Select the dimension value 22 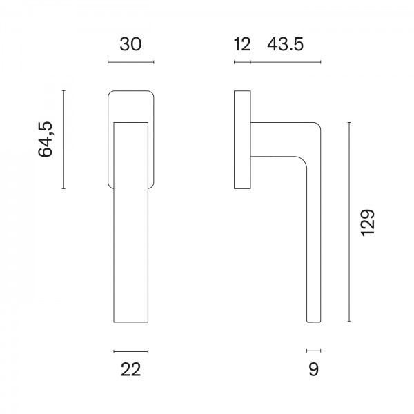pos(130,370)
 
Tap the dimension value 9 pos(314,370)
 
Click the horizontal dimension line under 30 pos(131,63)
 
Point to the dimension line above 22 pos(130,351)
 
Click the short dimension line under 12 pos(242,63)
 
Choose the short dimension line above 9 pos(314,351)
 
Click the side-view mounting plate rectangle pos(242,139)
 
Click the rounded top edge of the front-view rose pos(131,90)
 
